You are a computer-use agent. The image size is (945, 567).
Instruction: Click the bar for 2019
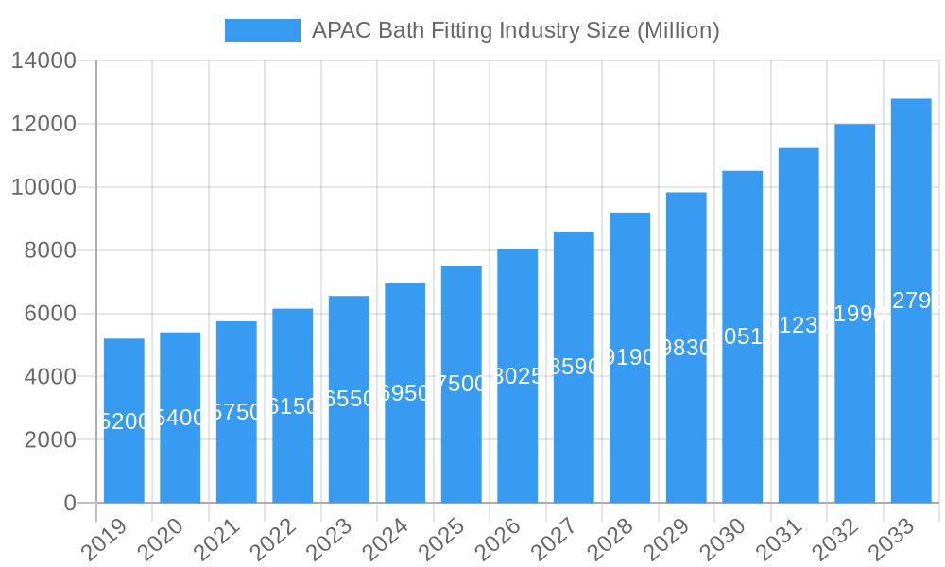124,421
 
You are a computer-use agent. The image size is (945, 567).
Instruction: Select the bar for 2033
911,301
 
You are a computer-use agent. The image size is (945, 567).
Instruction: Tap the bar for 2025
461,384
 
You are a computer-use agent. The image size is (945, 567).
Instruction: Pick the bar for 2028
630,357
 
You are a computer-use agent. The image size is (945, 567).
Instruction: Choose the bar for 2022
293,405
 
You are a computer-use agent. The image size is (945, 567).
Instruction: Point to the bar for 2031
799,325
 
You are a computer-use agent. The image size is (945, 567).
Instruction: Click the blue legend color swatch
262,30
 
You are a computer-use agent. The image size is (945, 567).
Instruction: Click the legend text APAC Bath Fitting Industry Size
515,30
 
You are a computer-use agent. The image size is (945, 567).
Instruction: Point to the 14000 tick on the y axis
43,61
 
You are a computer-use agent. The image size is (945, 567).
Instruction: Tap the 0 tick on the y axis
70,503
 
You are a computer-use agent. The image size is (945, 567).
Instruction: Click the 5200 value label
124,421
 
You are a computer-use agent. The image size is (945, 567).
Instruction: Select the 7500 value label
461,384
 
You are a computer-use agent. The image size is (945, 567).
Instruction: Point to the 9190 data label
630,357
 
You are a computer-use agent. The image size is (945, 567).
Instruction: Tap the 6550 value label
349,399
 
